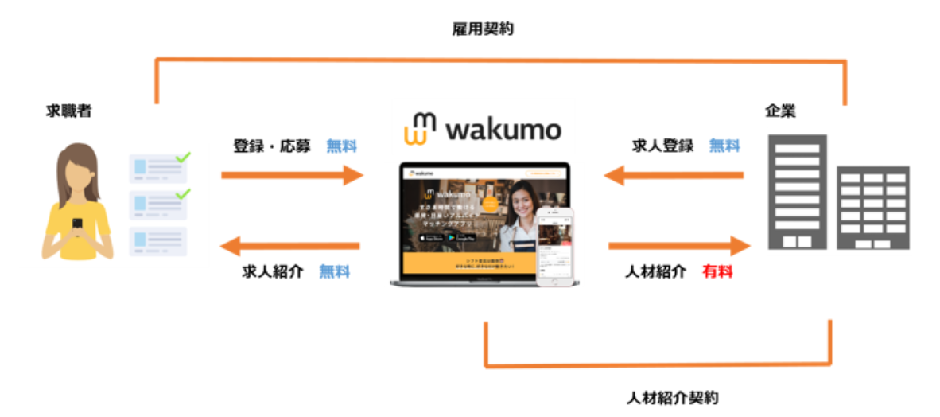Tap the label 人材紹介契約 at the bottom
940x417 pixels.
click(x=672, y=396)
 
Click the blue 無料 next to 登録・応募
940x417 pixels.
click(x=341, y=146)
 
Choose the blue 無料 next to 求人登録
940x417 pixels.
click(x=724, y=146)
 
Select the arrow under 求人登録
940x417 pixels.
click(x=674, y=174)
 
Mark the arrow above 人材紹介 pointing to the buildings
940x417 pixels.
click(x=679, y=246)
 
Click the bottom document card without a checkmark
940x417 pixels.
click(x=157, y=241)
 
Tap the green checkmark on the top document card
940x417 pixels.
click(x=183, y=158)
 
